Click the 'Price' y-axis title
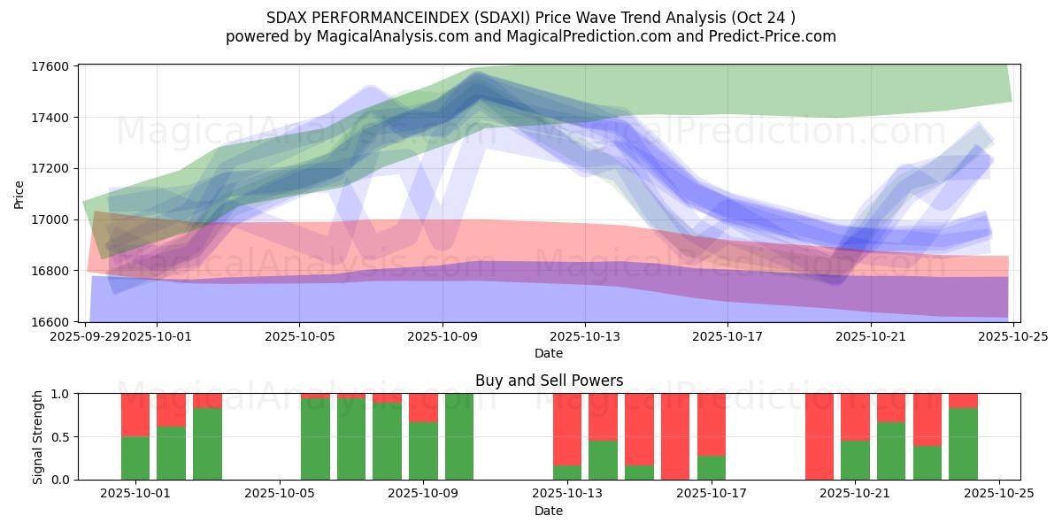tap(19, 193)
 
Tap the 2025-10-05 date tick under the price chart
tap(299, 336)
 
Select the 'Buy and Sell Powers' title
tap(549, 381)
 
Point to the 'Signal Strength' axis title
tap(37, 436)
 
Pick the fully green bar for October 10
tap(459, 436)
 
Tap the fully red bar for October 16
tap(675, 436)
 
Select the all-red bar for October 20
tap(820, 436)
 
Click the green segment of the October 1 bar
tap(135, 458)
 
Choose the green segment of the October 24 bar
tap(963, 443)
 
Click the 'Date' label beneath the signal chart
tap(549, 511)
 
